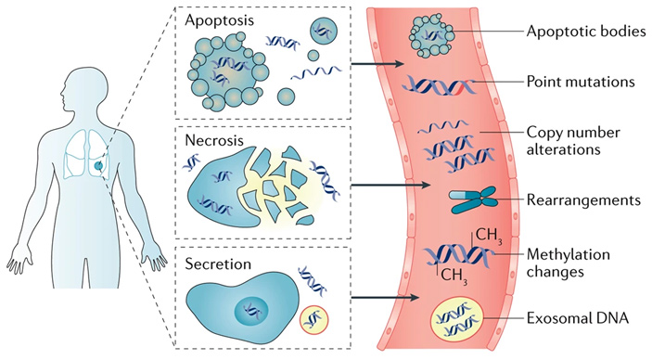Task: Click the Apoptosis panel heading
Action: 219,20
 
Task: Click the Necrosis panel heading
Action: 214,140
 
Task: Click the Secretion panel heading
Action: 218,264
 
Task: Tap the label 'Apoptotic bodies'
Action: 586,32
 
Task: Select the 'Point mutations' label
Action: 581,81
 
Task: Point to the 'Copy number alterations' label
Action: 573,141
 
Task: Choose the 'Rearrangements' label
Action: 583,200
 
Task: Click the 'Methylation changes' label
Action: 568,263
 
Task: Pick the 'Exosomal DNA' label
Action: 578,318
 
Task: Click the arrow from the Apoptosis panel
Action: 377,64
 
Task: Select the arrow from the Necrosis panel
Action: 390,185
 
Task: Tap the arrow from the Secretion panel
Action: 385,297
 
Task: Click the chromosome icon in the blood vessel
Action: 474,200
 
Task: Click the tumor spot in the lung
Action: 98,166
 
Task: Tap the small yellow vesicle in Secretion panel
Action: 313,319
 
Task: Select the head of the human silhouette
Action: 83,88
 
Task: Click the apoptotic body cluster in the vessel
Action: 431,36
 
